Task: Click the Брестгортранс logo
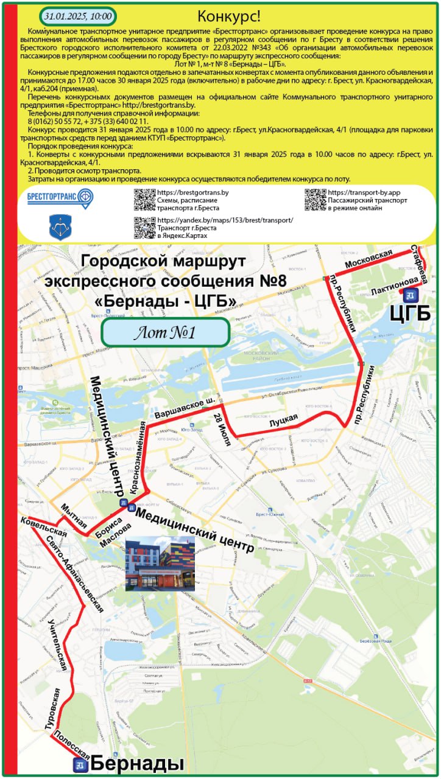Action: coord(60,197)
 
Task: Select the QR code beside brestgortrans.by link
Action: coord(144,199)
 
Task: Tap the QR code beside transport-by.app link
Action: coord(315,200)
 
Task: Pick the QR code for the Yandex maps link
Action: coord(144,227)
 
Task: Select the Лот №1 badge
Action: coord(164,332)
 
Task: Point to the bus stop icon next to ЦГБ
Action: coord(408,295)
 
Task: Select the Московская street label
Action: coord(368,262)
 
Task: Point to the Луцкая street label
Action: coord(283,422)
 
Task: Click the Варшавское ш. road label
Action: coord(185,408)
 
